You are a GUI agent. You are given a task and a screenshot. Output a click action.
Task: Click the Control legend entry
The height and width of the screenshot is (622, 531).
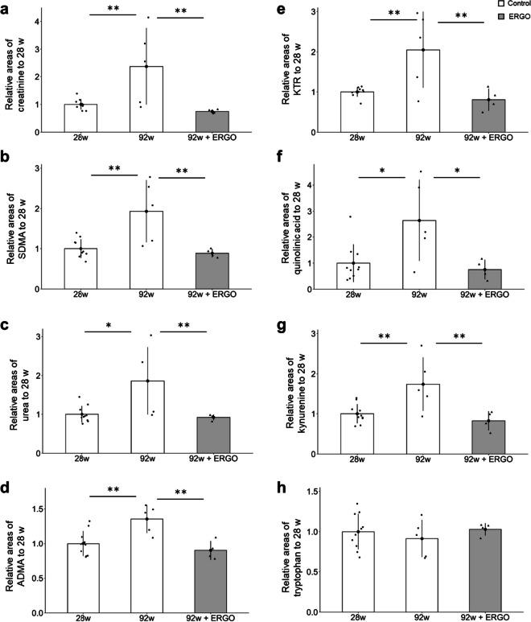click(503, 5)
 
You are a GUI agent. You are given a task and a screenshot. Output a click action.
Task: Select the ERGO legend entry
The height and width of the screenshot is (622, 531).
click(503, 19)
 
